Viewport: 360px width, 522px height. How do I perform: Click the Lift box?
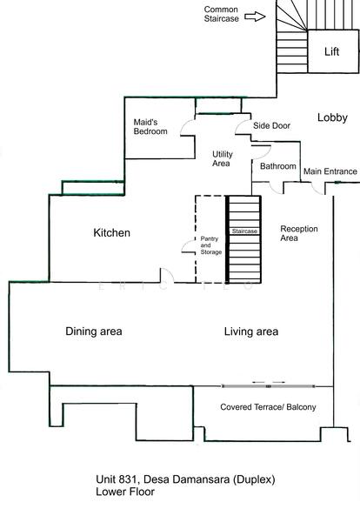coord(333,51)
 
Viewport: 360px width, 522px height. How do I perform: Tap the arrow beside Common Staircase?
coord(255,17)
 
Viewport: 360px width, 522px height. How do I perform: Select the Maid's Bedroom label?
coord(150,127)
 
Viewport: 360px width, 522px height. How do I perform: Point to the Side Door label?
coord(271,125)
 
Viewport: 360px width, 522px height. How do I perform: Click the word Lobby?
coord(332,117)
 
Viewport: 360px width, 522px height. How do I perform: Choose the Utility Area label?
coord(223,158)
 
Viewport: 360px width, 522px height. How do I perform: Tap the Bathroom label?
coord(277,166)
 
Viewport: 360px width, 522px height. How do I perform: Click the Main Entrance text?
coord(330,171)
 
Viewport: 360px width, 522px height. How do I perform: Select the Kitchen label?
coord(111,232)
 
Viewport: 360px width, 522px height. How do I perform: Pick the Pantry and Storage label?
coord(210,245)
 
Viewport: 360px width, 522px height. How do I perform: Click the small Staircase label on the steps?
coord(244,231)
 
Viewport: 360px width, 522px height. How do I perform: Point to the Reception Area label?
coord(299,233)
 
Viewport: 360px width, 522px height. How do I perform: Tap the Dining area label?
coord(94,331)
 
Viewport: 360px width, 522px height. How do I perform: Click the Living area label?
coord(251,331)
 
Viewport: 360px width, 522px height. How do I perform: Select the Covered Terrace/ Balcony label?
coord(268,407)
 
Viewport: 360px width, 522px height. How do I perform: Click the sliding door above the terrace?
coord(268,386)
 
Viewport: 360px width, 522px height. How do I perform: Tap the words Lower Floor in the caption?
coord(125,492)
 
